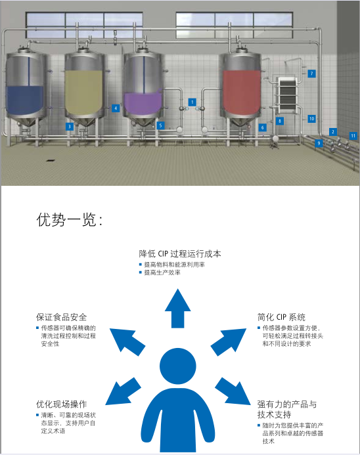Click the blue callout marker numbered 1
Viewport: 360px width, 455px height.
pos(192,102)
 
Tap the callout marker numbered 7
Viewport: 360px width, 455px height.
pos(312,74)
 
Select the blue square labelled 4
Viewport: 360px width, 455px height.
pos(116,108)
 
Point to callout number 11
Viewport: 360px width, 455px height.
pos(353,135)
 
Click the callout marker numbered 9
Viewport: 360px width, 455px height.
pos(319,143)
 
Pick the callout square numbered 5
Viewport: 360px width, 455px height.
pos(160,125)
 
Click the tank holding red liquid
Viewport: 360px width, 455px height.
pos(240,87)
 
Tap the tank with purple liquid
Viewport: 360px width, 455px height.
pos(143,87)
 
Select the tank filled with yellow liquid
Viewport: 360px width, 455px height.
pos(84,87)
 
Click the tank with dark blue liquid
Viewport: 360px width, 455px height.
pos(26,87)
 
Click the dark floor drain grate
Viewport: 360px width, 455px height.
pos(51,160)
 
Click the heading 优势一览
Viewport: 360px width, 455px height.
pos(69,219)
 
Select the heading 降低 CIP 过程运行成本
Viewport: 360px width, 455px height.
pos(180,253)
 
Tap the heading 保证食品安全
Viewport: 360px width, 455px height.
pos(61,317)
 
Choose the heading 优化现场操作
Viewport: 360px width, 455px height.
pos(61,404)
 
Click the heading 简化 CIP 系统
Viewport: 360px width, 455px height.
pos(281,317)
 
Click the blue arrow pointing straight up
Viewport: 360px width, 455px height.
pos(177,309)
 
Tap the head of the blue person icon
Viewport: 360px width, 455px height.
pos(177,366)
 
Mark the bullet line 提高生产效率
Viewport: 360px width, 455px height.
pos(162,272)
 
